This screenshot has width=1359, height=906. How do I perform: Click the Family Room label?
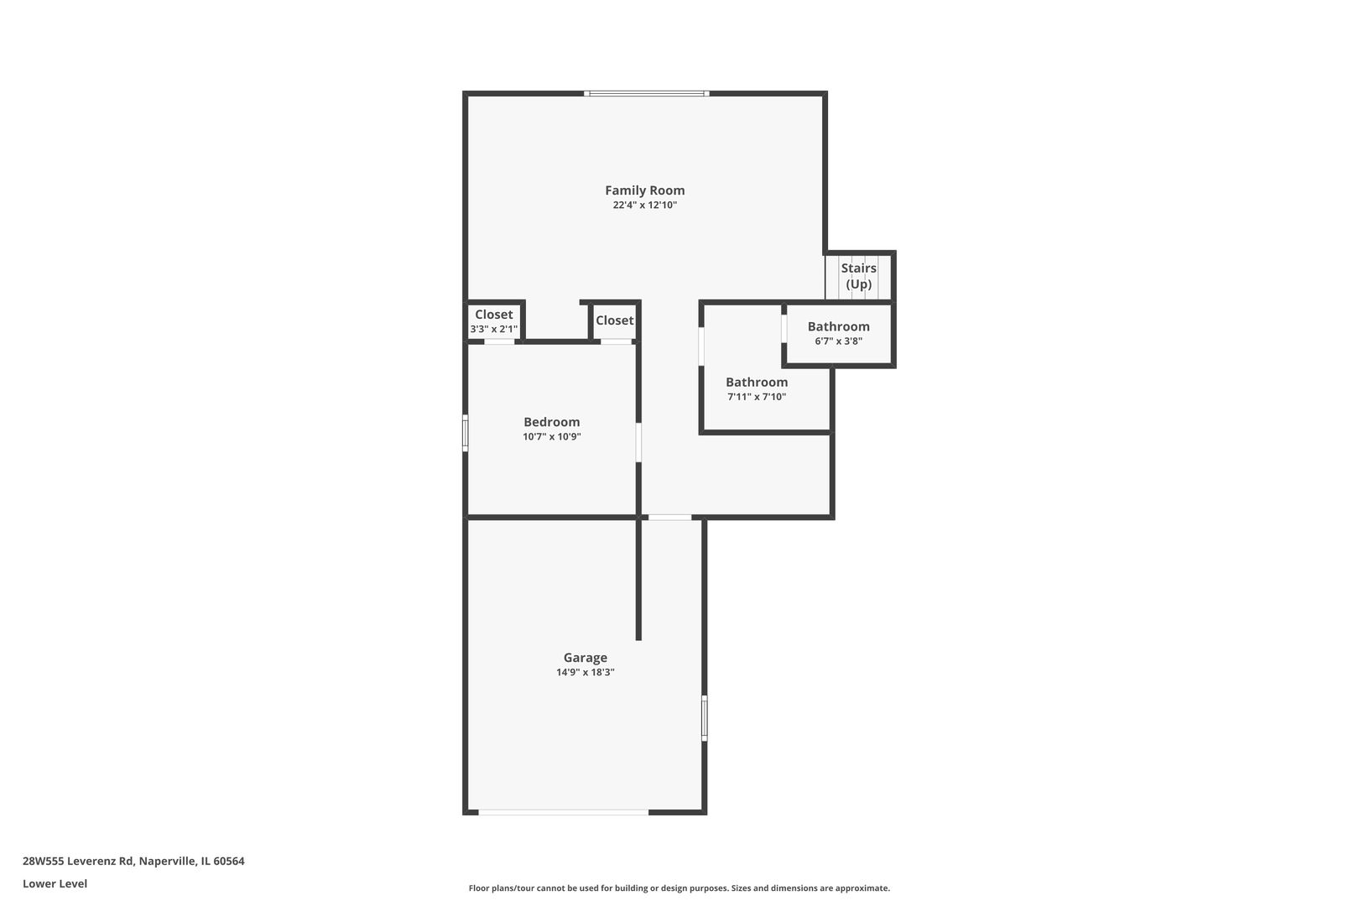pos(644,190)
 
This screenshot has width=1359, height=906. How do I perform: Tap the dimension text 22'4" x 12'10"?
pos(644,206)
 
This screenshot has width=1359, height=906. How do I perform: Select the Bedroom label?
pos(551,422)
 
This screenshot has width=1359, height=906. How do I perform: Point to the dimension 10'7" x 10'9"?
pos(551,437)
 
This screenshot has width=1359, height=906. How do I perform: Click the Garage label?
pos(585,658)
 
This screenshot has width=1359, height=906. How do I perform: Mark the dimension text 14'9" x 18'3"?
pos(585,673)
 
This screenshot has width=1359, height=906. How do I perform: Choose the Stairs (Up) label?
pos(858,276)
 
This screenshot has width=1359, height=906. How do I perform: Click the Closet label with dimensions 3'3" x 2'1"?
pos(493,315)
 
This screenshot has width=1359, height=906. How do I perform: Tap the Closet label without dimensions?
pos(614,320)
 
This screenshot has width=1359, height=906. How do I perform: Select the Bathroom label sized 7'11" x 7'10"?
pos(756,383)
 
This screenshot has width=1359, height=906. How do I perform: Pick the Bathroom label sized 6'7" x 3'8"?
pos(838,327)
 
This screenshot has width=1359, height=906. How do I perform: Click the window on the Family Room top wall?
pos(646,93)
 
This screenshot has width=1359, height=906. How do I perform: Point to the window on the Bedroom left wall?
pos(465,433)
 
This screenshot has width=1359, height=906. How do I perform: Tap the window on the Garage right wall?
pos(704,718)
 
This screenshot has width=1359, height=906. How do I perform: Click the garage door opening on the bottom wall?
pos(563,812)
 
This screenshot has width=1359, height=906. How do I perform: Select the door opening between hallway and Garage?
pos(669,518)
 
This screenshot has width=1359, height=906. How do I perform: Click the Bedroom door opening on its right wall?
pos(638,442)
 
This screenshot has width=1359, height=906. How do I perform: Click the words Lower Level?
pos(55,883)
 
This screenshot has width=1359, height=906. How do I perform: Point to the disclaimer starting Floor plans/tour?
pos(679,888)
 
